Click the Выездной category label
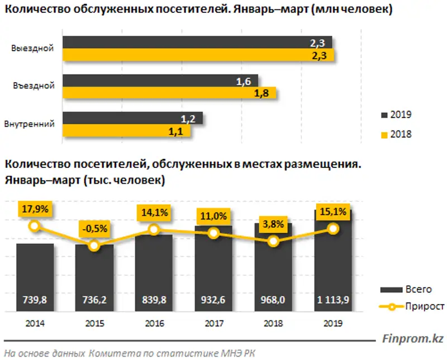point(32,48)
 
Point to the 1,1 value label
point(183,131)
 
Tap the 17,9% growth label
point(35,209)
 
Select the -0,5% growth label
point(94,229)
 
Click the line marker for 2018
point(273,241)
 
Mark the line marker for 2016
point(154,229)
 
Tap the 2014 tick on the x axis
point(35,323)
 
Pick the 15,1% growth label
point(333,212)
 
